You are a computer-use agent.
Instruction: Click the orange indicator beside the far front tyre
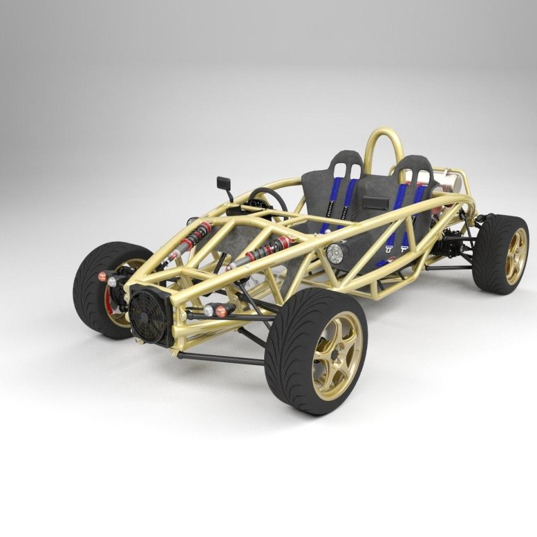102,276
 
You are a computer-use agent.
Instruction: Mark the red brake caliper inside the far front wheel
109,300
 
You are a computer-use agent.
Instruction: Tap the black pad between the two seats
374,203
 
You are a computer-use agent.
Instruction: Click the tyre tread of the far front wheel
89,288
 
